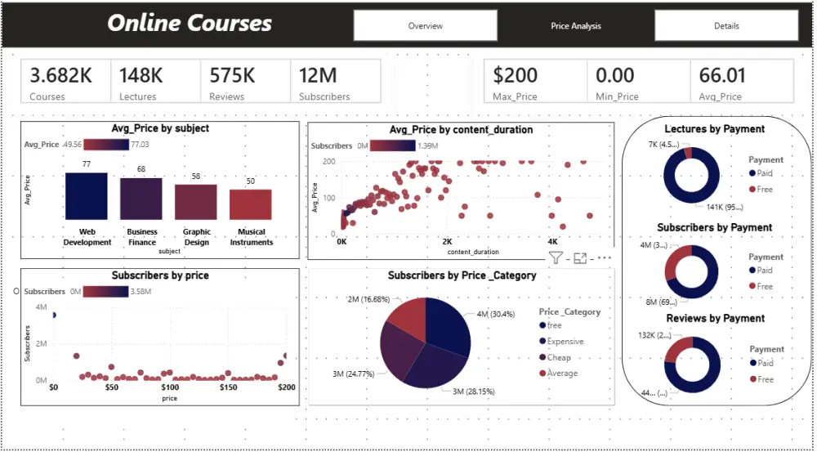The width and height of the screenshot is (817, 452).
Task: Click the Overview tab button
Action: click(425, 25)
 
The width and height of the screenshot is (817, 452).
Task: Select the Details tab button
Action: click(725, 25)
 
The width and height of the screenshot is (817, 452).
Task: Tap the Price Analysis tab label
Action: click(575, 25)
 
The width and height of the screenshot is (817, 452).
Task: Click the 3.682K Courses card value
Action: click(61, 76)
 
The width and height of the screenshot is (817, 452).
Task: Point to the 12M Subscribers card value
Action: click(318, 76)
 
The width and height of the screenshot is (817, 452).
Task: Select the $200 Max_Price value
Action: click(516, 76)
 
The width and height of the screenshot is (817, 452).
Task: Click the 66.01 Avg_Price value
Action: click(722, 76)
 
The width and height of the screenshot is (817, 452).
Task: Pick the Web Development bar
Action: click(86, 196)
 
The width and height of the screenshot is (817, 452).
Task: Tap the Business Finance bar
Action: click(141, 199)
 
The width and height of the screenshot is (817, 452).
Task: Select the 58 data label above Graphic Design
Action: click(196, 177)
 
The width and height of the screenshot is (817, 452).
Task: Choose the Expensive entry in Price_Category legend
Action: click(565, 342)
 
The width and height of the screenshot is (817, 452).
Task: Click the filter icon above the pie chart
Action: click(556, 258)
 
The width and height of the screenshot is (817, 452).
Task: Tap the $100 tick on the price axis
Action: click(169, 388)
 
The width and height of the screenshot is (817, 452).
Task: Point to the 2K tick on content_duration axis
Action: click(446, 243)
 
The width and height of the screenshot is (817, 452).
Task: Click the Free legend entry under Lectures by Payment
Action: click(764, 189)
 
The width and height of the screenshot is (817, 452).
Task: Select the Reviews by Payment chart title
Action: click(715, 318)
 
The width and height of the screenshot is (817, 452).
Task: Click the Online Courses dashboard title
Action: click(190, 24)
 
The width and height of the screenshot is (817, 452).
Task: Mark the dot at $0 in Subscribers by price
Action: click(54, 315)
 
